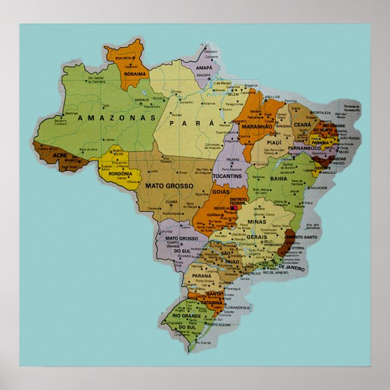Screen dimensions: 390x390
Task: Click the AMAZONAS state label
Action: coord(114,117)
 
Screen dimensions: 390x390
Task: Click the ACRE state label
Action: coord(60,156)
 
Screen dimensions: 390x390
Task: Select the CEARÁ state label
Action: coord(302,124)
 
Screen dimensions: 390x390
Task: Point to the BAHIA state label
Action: coord(279,179)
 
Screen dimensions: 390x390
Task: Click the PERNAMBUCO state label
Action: coord(304,147)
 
